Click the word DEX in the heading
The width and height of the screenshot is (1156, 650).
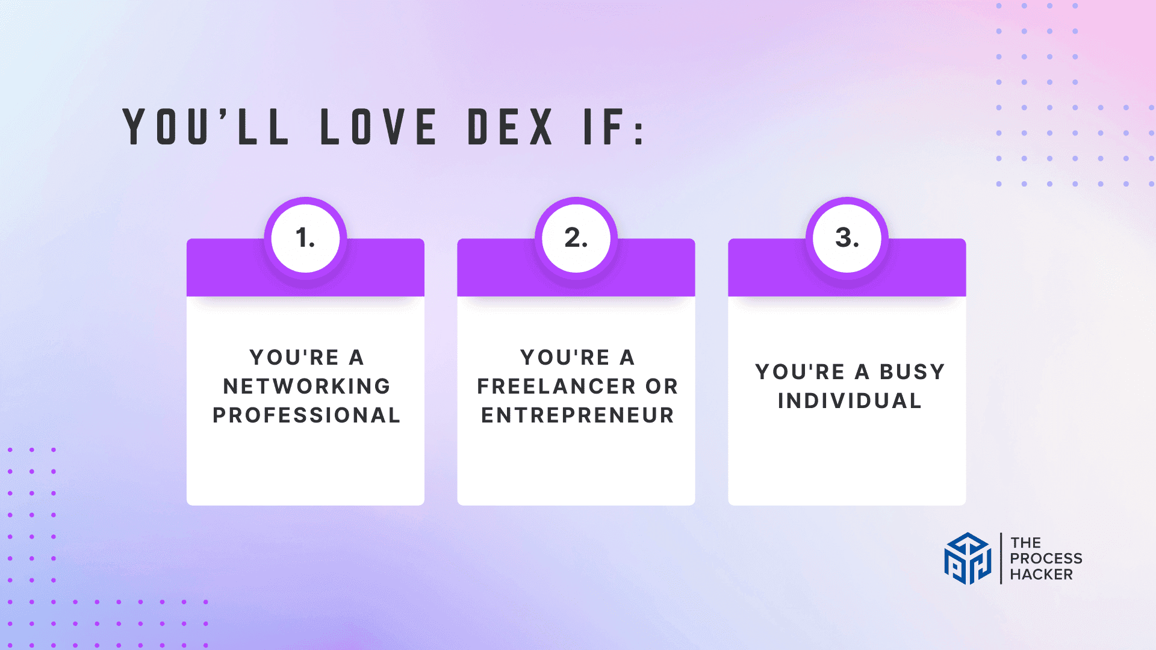(x=511, y=127)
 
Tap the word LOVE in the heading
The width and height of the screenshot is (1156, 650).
(x=378, y=127)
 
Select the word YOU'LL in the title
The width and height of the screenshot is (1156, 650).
(x=205, y=126)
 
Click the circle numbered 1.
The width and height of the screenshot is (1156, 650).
(x=305, y=238)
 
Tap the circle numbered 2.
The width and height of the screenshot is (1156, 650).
(x=576, y=238)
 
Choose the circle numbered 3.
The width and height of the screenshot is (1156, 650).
(x=847, y=238)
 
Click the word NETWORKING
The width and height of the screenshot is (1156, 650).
(x=306, y=386)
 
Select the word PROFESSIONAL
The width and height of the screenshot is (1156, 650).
(x=306, y=415)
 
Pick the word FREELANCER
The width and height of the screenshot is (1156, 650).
(x=556, y=386)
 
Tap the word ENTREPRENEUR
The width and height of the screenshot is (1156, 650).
(x=577, y=415)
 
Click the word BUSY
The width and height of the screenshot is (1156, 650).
(x=912, y=372)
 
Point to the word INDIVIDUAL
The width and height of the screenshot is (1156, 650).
(x=850, y=401)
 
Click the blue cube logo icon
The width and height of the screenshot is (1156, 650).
(x=968, y=559)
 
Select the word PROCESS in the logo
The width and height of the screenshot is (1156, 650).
(x=1046, y=559)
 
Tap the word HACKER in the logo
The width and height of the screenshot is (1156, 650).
(x=1041, y=575)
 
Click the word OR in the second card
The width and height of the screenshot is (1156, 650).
(x=662, y=386)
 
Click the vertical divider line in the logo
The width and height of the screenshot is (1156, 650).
(x=1001, y=559)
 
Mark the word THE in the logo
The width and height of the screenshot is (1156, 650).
(x=1025, y=543)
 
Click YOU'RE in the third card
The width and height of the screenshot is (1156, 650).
(x=800, y=372)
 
